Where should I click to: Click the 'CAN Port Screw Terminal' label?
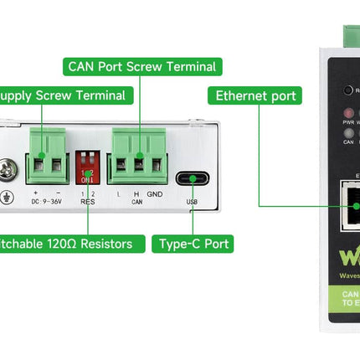(141, 65)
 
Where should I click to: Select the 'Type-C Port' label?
(192, 244)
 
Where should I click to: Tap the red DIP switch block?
(87, 167)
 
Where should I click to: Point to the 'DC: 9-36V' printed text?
(48, 202)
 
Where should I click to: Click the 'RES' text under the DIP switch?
(87, 202)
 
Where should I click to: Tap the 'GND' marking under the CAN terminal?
(155, 193)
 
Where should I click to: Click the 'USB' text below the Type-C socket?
(192, 202)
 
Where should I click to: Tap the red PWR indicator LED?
(348, 111)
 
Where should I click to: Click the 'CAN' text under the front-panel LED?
(347, 142)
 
